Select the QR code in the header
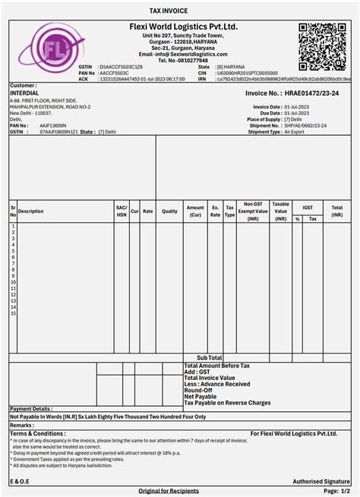pyautogui.click(x=324, y=46)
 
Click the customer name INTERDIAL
pyautogui.click(x=24, y=93)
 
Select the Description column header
pyautogui.click(x=31, y=211)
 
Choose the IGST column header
pyautogui.click(x=307, y=206)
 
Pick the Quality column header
pyautogui.click(x=169, y=211)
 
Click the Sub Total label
pyautogui.click(x=210, y=357)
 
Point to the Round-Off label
pyautogui.click(x=199, y=390)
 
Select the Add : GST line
pyautogui.click(x=197, y=372)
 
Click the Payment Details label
pyautogui.click(x=31, y=409)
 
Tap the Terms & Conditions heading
pyautogui.click(x=38, y=433)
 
